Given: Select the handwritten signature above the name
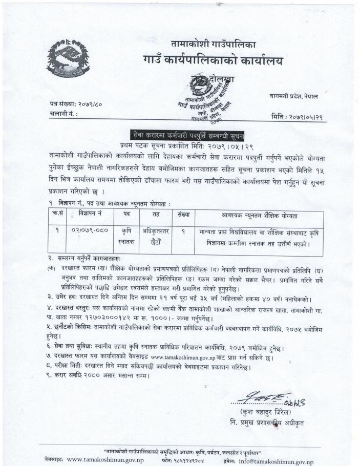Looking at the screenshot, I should (x=266, y=396).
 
